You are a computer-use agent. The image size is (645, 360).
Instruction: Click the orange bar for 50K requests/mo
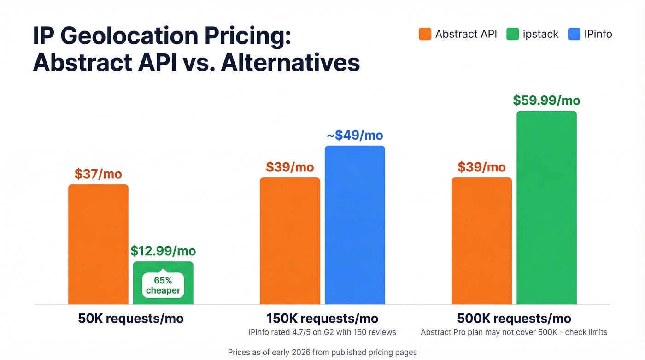click(98, 244)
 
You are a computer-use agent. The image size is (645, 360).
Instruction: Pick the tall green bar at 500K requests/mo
click(546, 207)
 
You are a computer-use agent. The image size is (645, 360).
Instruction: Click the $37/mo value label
click(98, 174)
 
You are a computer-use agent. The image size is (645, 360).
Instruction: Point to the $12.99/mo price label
click(163, 251)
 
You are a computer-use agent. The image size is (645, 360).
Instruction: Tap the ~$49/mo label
click(355, 135)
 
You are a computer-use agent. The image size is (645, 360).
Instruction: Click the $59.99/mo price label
click(546, 100)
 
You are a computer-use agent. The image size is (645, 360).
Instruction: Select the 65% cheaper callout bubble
click(163, 285)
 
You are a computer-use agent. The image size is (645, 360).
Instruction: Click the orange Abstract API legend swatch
click(425, 34)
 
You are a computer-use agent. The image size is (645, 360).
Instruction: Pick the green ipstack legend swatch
click(512, 34)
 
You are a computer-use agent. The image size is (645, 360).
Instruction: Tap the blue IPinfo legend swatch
click(574, 34)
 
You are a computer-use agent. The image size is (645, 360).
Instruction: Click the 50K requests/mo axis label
click(131, 319)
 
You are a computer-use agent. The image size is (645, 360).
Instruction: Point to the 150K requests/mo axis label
click(322, 319)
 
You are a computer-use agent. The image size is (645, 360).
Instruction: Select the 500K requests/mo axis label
click(514, 319)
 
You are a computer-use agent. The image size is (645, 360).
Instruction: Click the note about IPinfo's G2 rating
click(322, 332)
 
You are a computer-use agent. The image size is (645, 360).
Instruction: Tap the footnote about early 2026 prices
click(322, 352)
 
